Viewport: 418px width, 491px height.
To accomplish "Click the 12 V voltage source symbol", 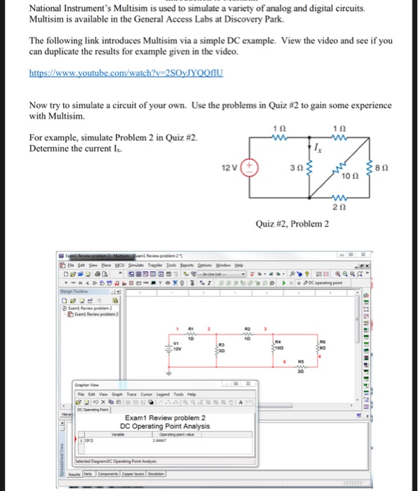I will (x=251, y=168).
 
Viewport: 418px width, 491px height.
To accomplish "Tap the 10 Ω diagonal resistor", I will (x=348, y=169).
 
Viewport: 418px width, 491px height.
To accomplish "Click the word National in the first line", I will (x=50, y=8).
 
